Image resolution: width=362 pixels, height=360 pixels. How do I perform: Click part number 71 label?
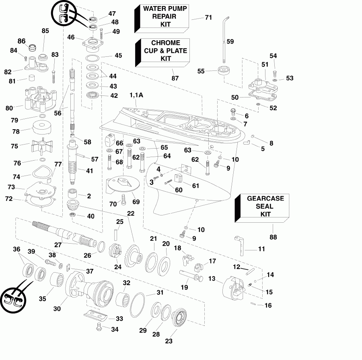(208, 18)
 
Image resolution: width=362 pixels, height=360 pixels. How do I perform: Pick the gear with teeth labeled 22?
(135, 254)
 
